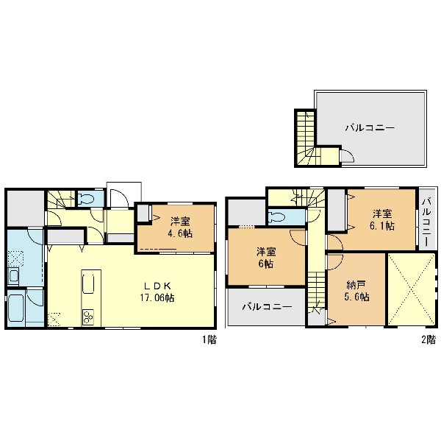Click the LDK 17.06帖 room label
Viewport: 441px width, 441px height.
(x=157, y=292)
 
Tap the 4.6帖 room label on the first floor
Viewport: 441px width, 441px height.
(x=181, y=234)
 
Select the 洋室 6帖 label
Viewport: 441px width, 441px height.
(x=266, y=258)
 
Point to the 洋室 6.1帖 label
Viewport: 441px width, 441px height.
(x=382, y=220)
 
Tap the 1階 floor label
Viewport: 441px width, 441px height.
(x=209, y=339)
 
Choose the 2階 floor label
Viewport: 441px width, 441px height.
(x=429, y=339)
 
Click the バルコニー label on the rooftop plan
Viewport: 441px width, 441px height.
(x=370, y=128)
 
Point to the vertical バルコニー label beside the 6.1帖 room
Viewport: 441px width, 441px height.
(x=428, y=222)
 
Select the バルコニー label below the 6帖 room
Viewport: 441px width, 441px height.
(x=267, y=307)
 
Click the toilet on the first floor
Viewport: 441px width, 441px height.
(x=86, y=199)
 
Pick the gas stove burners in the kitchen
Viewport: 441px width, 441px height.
(x=88, y=317)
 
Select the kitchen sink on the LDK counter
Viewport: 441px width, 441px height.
(x=88, y=284)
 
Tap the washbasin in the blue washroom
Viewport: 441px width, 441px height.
(x=13, y=275)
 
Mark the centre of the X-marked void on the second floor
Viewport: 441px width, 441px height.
(x=411, y=289)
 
